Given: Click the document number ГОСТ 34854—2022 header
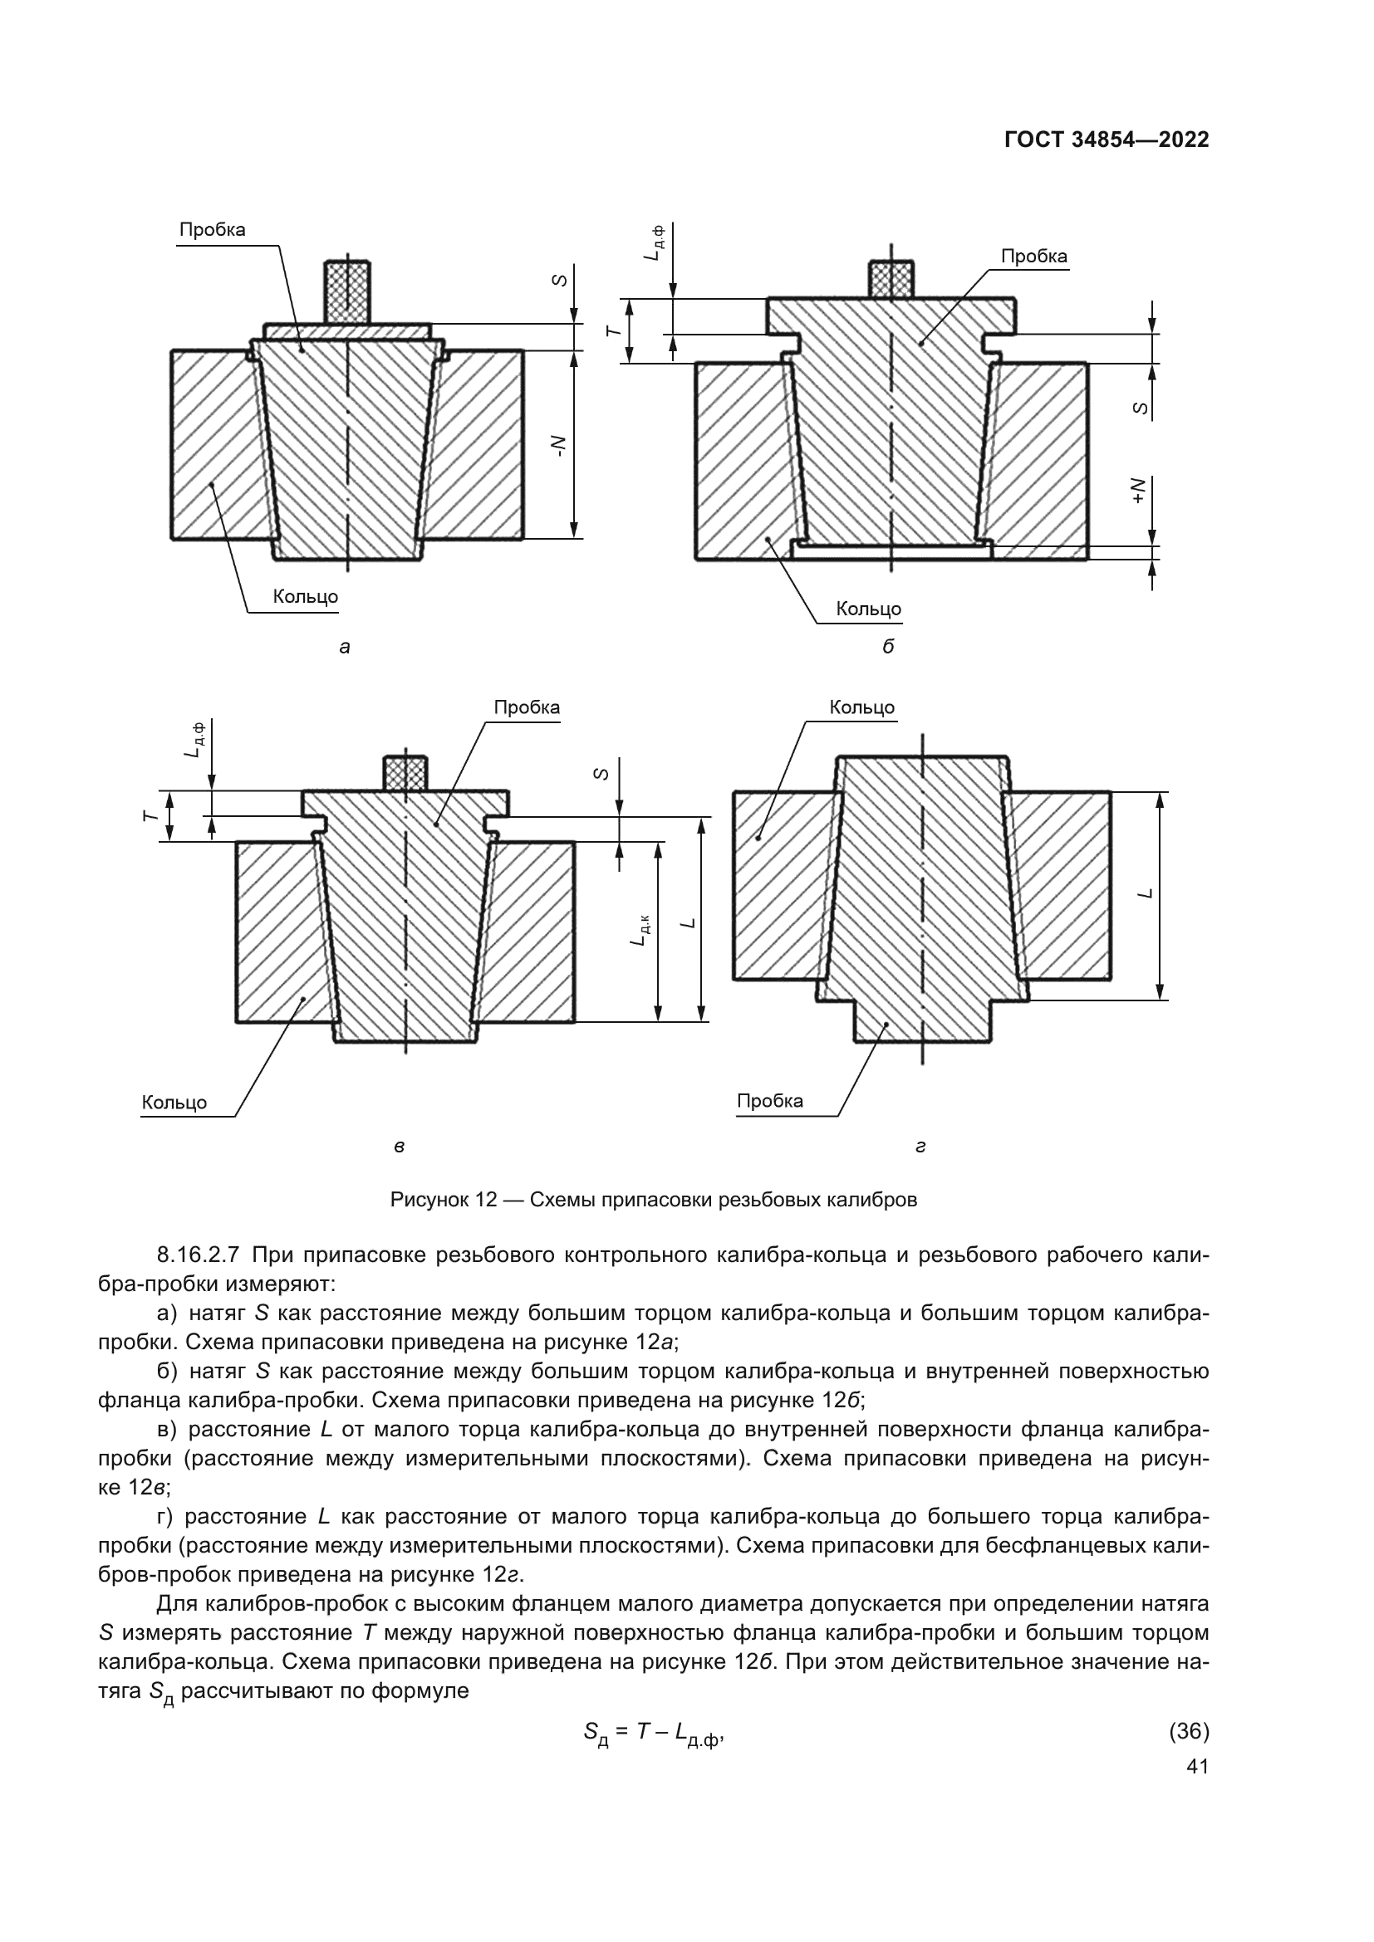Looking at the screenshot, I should coord(1106,140).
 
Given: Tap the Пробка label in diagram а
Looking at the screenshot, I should coord(213,230).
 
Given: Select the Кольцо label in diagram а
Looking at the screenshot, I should coord(305,596).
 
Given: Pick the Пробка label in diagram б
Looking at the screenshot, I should coord(1034,257).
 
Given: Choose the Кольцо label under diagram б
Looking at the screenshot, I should coord(868,609).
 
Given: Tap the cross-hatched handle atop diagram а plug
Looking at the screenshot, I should coord(347,291).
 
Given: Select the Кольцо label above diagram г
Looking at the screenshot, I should coord(861,707).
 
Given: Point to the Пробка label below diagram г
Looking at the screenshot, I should coord(770,1100).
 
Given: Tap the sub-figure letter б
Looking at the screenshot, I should coord(887,647).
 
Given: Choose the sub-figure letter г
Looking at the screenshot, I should coord(920,1147).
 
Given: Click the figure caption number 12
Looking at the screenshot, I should coord(485,1200).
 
